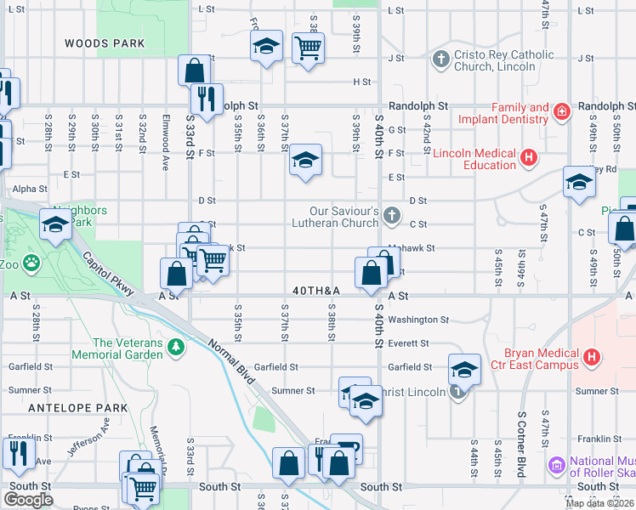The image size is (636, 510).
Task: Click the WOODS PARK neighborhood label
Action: pos(99,42)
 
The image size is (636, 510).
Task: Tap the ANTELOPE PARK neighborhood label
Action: pos(77,408)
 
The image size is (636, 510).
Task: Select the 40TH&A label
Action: pos(316,291)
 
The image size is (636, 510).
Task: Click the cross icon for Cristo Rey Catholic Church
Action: pos(440,59)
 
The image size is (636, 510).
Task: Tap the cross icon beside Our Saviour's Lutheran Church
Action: pos(391,215)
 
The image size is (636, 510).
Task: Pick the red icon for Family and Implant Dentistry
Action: pos(561,112)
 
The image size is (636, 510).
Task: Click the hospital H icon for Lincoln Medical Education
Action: pos(529,157)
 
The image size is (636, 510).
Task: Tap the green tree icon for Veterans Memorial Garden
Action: pos(176,347)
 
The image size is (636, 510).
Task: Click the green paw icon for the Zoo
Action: pos(31,263)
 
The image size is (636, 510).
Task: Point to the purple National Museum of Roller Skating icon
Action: pos(557,465)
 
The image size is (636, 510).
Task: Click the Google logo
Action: pos(28,500)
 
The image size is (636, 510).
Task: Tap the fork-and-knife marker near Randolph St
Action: pos(205,99)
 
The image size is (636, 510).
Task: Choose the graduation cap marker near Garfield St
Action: pos(463,369)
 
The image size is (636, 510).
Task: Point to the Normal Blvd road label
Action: pos(231,359)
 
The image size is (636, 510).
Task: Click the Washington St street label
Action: pos(417,320)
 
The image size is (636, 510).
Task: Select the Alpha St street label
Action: pos(30,189)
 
